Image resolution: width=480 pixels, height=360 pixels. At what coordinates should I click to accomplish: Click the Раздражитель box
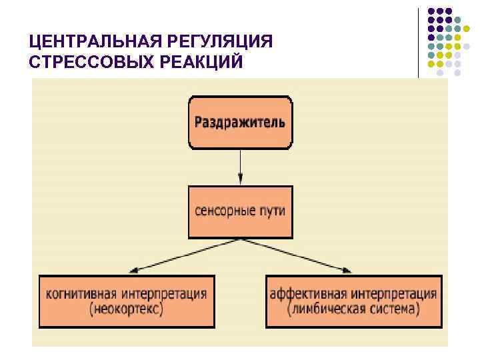pyautogui.click(x=240, y=123)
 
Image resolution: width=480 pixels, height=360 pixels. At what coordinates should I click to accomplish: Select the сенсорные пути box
pyautogui.click(x=240, y=211)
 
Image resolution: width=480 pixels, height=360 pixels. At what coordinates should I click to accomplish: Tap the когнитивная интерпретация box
pyautogui.click(x=127, y=301)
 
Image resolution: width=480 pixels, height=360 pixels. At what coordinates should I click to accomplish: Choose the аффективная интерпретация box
pyautogui.click(x=353, y=301)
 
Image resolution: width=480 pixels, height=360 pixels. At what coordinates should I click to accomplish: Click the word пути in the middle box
pyautogui.click(x=273, y=211)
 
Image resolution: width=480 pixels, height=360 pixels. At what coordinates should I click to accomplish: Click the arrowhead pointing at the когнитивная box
pyautogui.click(x=133, y=269)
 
